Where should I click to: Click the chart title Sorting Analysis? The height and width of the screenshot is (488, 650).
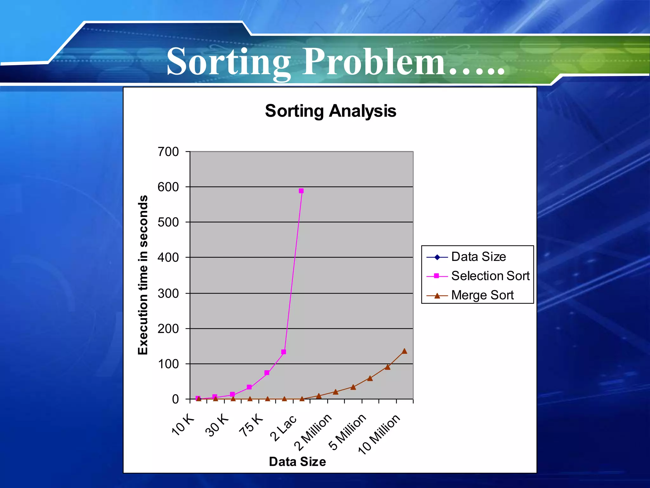coord(330,111)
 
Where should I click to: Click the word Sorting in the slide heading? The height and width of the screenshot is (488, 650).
coord(229,61)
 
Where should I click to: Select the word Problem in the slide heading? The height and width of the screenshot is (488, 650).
coord(375,61)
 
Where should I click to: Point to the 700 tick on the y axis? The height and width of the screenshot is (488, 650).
coord(168,152)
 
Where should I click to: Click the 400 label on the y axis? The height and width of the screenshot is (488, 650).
coord(168,257)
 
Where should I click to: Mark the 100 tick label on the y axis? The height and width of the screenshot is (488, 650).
coord(168,364)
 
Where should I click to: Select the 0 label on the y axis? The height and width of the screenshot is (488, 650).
coord(175,399)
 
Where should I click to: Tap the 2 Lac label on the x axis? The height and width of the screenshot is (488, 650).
coord(283,428)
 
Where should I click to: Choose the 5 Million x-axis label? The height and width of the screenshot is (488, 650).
coord(347,432)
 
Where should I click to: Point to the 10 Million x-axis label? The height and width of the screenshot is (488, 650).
coord(379,434)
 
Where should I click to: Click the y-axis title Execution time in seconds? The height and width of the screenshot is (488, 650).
coord(143,275)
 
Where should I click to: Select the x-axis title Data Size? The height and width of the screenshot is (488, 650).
coord(297,462)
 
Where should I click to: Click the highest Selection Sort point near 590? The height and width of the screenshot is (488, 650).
coord(301,191)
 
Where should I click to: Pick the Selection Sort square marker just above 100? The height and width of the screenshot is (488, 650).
coord(284,352)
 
